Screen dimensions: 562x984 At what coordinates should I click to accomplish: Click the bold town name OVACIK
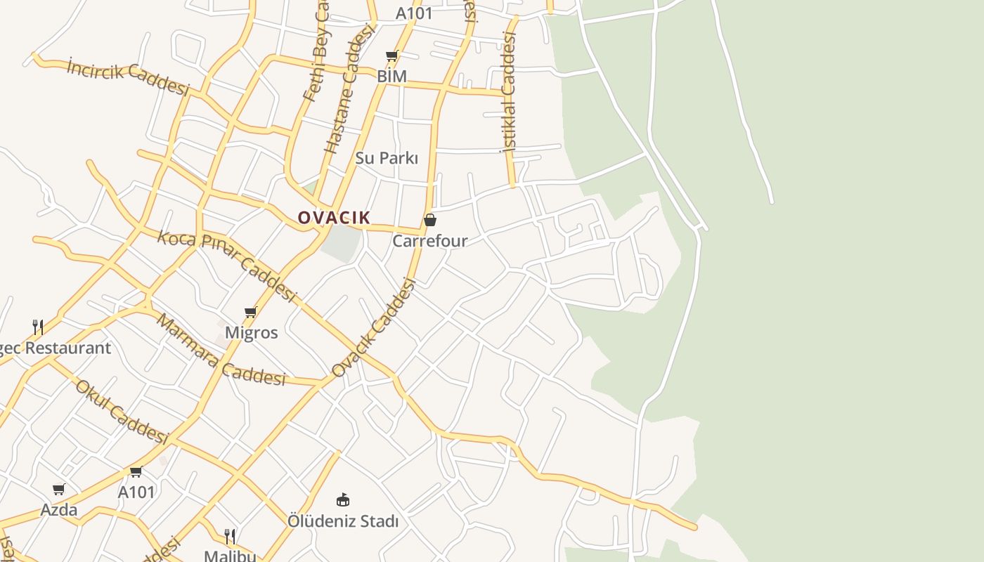coord(334,218)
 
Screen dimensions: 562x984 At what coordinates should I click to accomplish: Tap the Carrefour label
coord(430,241)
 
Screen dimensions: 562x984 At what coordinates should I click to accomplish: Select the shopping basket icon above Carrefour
coord(430,221)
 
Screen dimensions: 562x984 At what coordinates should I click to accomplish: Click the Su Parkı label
coord(387,158)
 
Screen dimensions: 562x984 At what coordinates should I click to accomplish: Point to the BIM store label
coord(391,76)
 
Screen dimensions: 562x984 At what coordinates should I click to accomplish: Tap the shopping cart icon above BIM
coord(391,56)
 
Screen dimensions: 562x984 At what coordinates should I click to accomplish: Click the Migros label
coord(251,332)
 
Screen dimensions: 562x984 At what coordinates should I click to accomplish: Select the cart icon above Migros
coord(251,312)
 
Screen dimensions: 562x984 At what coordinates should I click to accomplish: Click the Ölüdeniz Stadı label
coord(343,521)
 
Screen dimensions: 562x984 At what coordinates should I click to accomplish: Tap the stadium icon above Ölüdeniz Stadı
coord(343,500)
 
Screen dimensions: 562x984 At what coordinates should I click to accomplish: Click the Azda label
coord(59,509)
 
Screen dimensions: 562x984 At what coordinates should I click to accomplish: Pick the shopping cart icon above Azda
coord(59,489)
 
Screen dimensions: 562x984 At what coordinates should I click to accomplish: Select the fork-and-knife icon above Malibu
coord(230,537)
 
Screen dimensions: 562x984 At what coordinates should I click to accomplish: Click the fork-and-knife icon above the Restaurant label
coord(38,327)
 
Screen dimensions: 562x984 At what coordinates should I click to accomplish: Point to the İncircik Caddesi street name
coord(129,77)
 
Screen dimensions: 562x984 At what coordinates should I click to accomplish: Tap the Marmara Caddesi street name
coord(220,350)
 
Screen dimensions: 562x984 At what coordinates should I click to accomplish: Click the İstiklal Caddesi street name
coord(508,91)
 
